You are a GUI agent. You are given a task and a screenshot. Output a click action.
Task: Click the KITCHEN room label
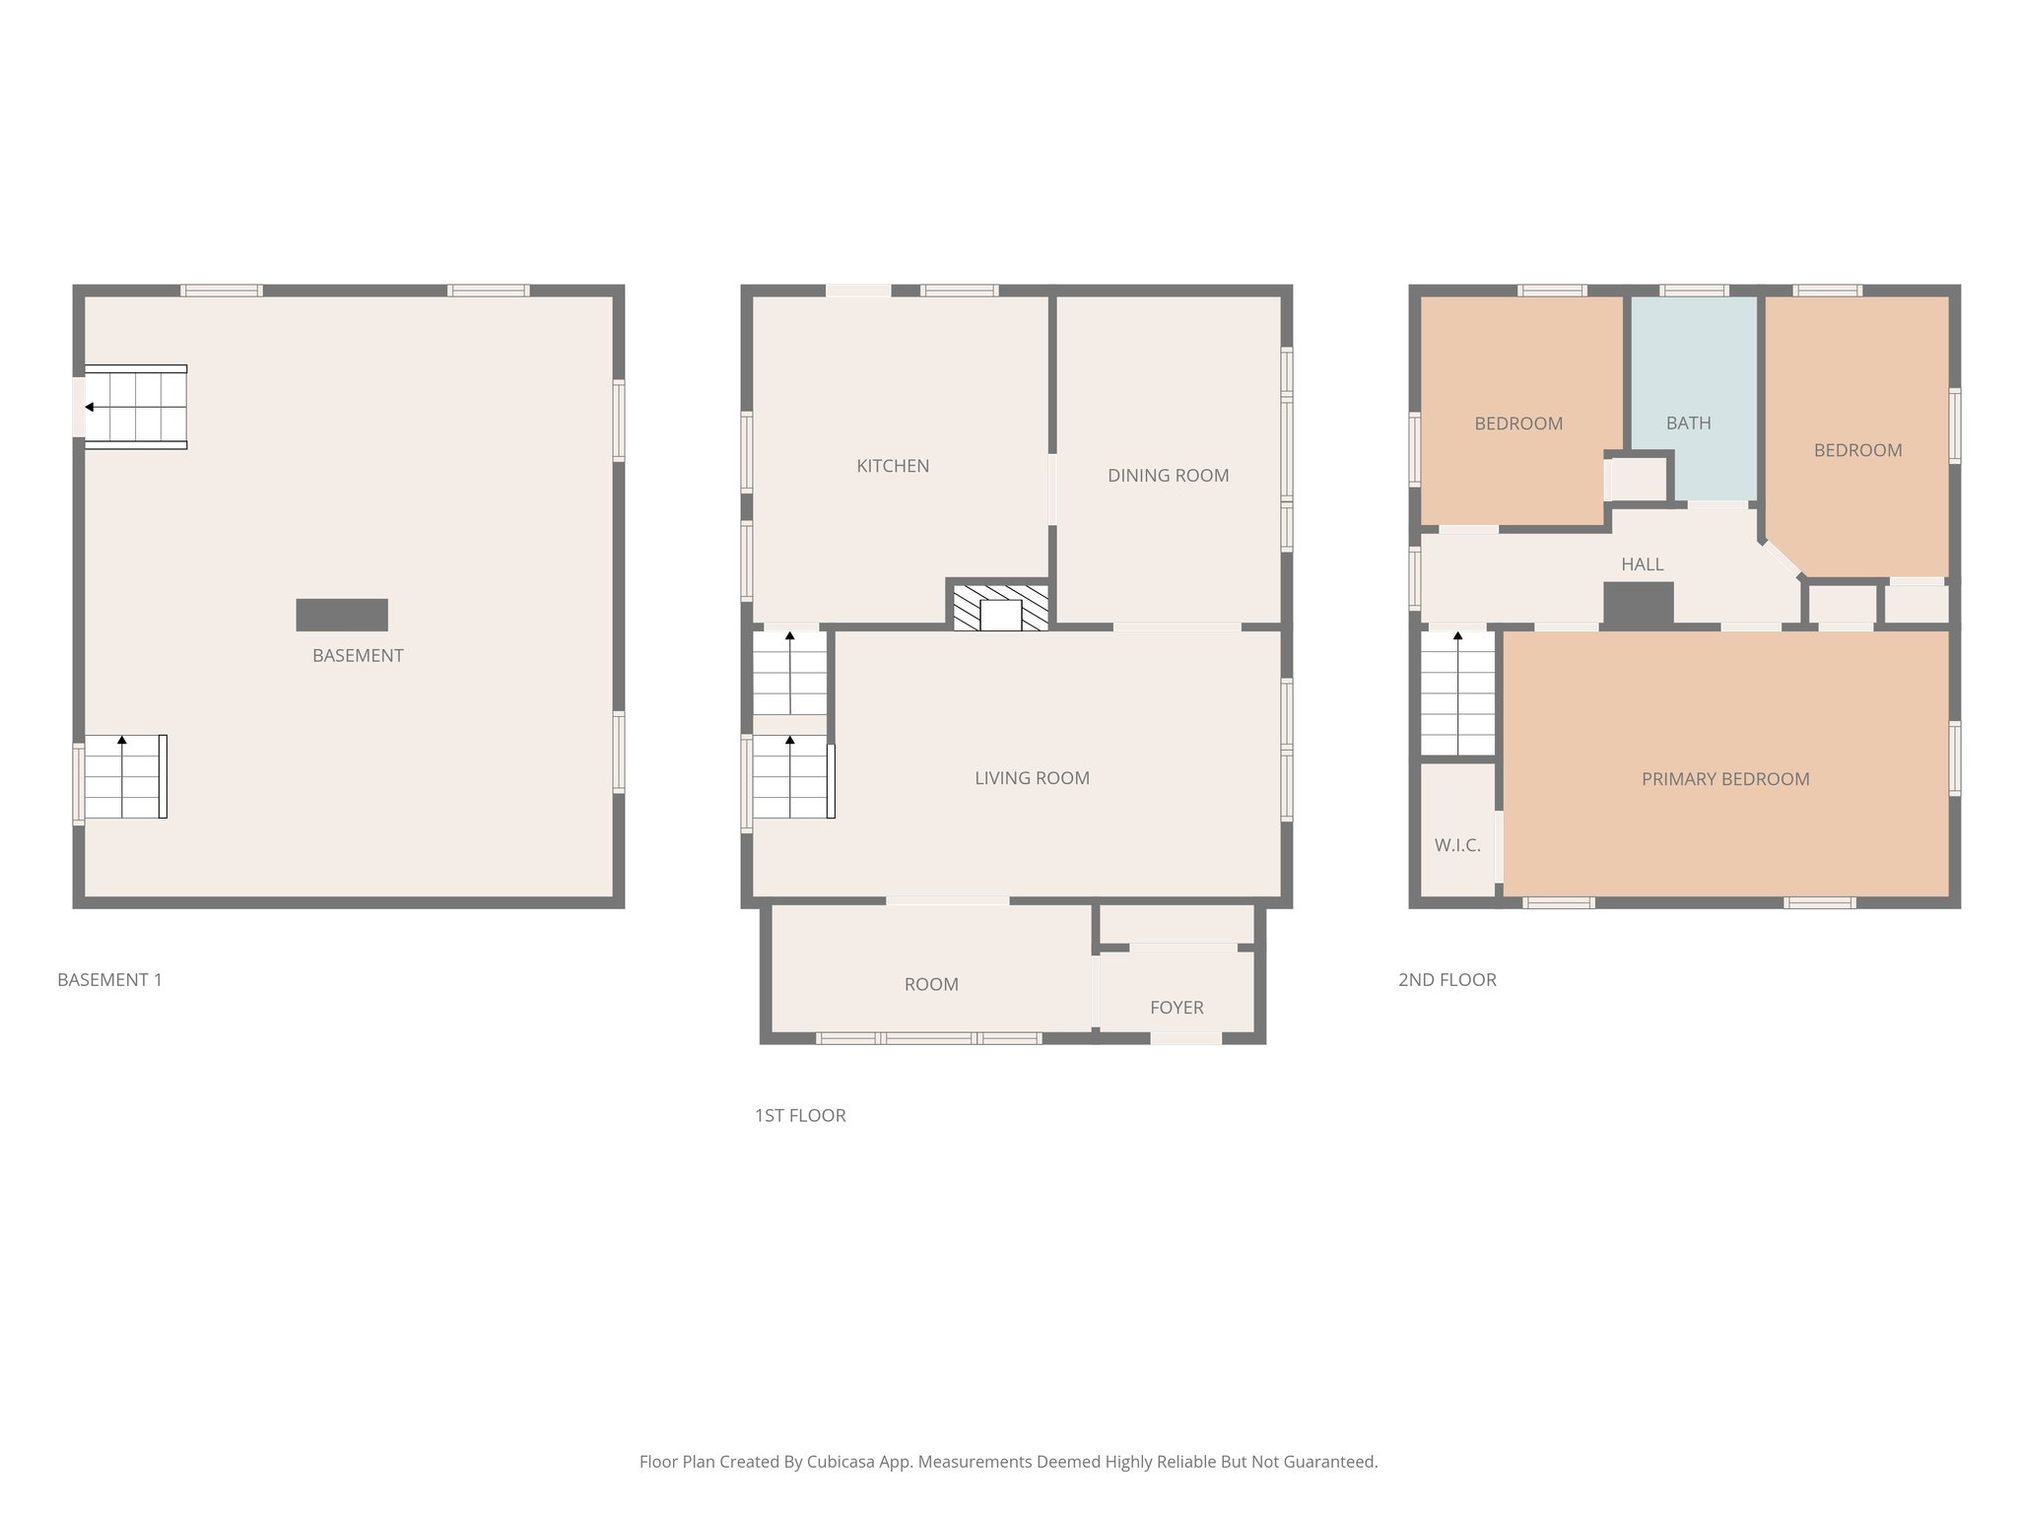pos(893,466)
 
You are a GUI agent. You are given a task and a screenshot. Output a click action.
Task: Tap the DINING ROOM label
pos(1168,476)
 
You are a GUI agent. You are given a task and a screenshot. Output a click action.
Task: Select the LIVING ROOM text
pos(1032,778)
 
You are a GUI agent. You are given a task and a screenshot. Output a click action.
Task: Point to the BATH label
pos(1688,424)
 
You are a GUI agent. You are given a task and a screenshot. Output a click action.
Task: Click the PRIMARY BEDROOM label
pos(1725,779)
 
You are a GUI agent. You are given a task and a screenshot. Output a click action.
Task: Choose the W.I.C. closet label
pos(1457,845)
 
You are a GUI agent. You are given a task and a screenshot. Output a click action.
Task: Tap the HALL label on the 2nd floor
pos(1642,564)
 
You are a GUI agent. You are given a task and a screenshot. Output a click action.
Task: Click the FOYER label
pos(1177,1008)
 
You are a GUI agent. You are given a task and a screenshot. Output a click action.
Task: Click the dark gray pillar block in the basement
pos(342,615)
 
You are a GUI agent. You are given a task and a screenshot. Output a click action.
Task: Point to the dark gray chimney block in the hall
pos(1639,603)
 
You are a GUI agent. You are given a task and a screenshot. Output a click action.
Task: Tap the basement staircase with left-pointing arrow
pos(136,407)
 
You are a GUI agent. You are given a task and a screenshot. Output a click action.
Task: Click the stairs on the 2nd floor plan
pos(1457,693)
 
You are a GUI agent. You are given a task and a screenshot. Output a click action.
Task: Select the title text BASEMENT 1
pos(109,980)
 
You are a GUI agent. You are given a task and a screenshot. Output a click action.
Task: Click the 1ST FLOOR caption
pos(800,1116)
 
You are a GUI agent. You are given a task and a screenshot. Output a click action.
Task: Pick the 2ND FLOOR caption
pos(1446,980)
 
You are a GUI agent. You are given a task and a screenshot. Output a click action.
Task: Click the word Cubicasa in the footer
pos(844,1462)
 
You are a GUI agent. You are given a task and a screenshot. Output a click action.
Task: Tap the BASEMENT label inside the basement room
pos(358,656)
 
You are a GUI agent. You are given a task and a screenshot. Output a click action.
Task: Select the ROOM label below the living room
pos(931,984)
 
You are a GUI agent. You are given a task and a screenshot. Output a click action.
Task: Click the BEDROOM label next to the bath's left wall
pos(1518,424)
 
